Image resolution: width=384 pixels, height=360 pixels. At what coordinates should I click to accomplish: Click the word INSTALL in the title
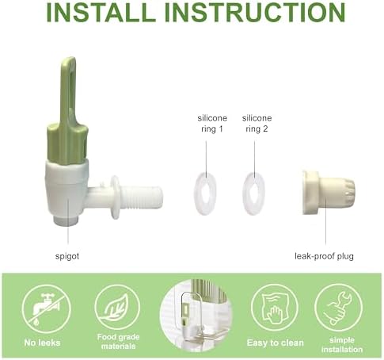tap(101, 12)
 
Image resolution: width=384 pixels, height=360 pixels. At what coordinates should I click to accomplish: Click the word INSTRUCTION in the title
tap(255, 12)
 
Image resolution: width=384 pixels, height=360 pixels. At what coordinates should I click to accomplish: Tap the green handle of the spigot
tap(68, 111)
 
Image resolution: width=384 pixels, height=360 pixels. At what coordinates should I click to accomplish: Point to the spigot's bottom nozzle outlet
tap(66, 220)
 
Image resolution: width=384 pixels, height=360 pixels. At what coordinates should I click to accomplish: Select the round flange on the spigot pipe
tap(115, 197)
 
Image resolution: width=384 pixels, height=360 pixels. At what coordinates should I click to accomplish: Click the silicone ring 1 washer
tap(205, 193)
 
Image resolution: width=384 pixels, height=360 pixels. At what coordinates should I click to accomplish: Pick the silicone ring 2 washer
tap(253, 193)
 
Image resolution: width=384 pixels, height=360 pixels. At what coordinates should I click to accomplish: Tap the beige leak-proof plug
tap(329, 192)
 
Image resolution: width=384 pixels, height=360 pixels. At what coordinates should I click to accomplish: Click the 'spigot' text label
tap(67, 256)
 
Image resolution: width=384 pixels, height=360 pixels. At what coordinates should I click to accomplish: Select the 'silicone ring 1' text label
tap(212, 124)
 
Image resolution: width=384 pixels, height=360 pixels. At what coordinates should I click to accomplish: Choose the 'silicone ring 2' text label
tap(257, 124)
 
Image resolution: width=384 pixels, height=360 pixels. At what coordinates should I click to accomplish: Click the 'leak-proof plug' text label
tap(324, 256)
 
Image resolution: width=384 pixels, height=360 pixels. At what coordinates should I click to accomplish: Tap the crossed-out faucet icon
tap(46, 308)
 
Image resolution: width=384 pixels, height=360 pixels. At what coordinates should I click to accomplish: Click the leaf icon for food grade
tap(117, 308)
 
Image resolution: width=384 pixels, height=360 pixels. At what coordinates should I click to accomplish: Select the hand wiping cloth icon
tap(275, 308)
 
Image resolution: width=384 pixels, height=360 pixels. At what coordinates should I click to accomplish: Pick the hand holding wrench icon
tap(339, 308)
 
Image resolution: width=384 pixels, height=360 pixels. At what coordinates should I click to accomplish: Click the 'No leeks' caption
tap(42, 343)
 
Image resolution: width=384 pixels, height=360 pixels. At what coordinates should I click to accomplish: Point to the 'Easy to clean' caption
tap(276, 343)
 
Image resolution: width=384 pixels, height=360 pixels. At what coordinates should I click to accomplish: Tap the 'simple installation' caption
tap(342, 345)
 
